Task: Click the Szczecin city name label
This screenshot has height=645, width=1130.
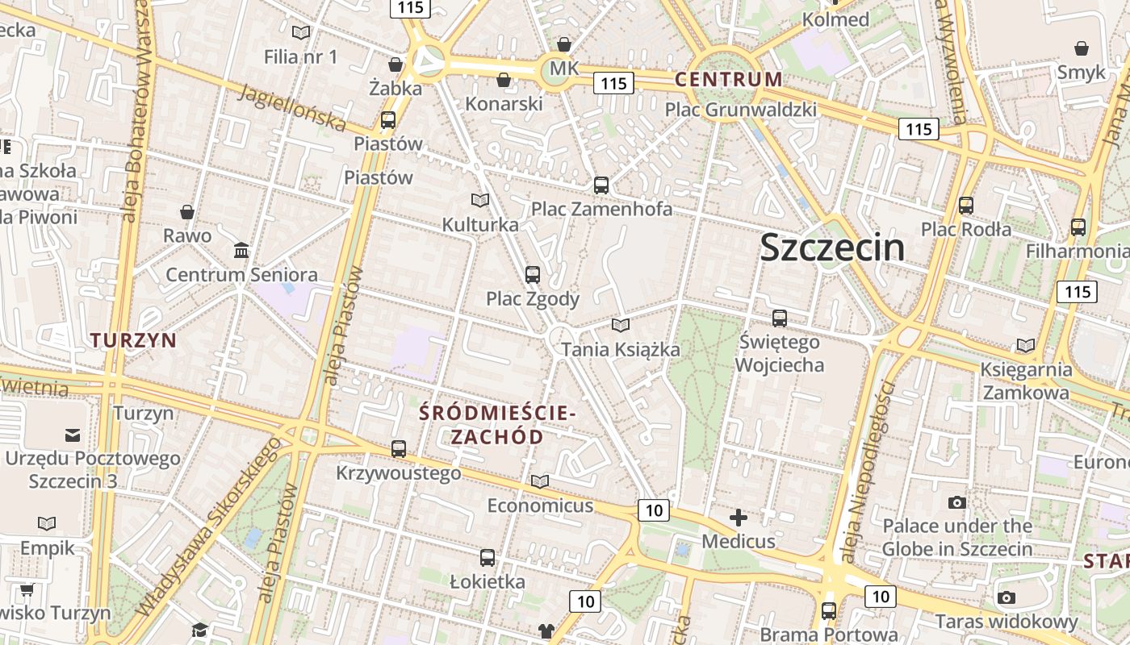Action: tap(832, 248)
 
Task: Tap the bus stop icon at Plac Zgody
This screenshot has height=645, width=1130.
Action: tap(532, 275)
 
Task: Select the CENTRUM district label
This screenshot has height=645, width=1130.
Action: tap(728, 80)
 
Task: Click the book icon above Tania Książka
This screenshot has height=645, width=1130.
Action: tap(620, 325)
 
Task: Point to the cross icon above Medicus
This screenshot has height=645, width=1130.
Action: tap(738, 518)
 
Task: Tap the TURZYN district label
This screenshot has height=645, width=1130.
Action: tap(133, 340)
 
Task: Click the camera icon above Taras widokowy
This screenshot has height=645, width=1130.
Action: tap(1006, 597)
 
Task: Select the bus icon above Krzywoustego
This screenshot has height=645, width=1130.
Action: tap(398, 449)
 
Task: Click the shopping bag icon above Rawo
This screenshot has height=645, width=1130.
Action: tap(187, 212)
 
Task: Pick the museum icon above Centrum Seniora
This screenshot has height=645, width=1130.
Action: tap(241, 251)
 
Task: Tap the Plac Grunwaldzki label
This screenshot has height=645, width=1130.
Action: tap(740, 110)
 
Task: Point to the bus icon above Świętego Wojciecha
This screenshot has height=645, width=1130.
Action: tap(779, 318)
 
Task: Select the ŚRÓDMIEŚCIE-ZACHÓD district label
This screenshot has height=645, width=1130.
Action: tap(497, 425)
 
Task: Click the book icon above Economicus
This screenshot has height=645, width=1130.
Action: tap(539, 481)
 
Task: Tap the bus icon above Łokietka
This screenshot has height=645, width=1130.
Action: tap(487, 557)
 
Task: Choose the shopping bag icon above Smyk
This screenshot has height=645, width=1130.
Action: tap(1081, 48)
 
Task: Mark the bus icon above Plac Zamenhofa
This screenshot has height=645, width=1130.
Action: tap(601, 185)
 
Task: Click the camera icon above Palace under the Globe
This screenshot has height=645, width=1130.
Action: tap(956, 502)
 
